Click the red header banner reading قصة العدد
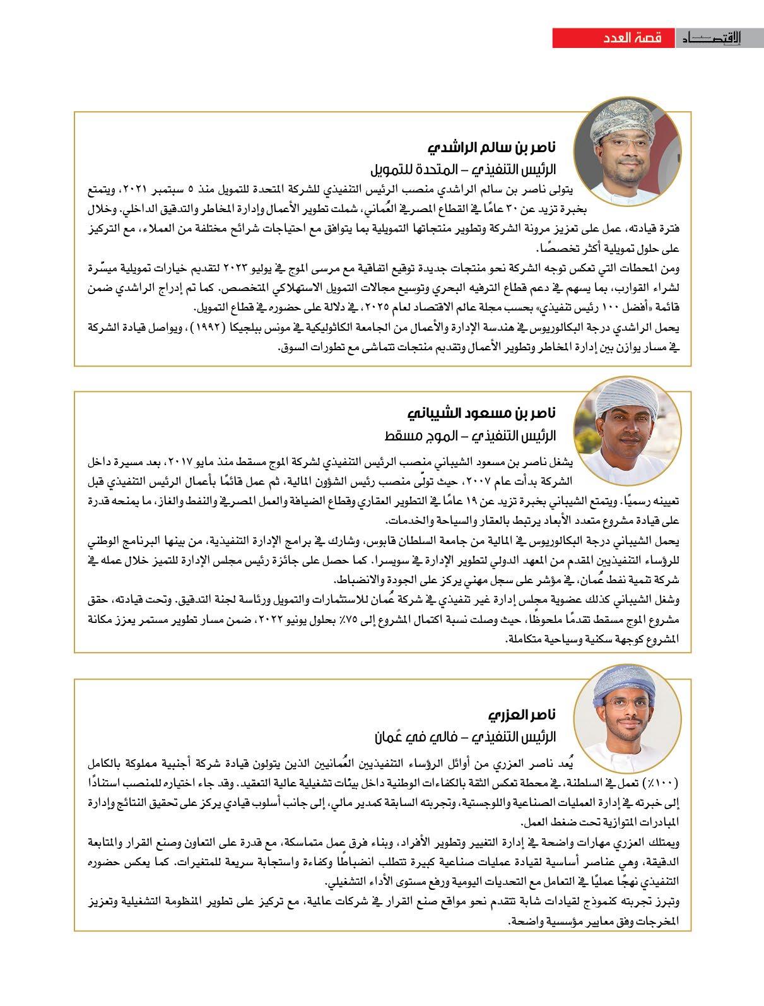[613, 38]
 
